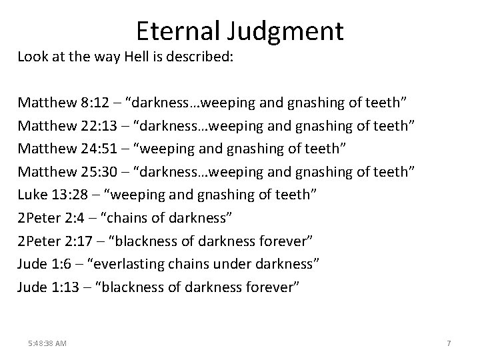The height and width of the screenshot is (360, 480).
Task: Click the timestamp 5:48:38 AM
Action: click(x=48, y=343)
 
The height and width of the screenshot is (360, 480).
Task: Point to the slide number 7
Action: click(x=449, y=343)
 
